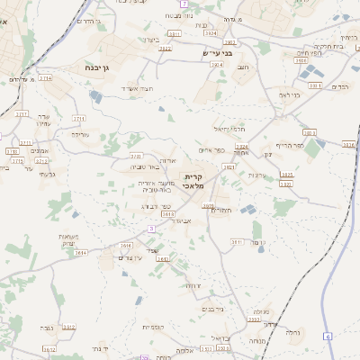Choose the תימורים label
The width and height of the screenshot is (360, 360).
[222, 210]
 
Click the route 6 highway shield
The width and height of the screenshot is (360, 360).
[328, 336]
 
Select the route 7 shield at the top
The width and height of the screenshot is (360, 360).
[184, 4]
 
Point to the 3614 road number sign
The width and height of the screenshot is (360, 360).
[81, 253]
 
